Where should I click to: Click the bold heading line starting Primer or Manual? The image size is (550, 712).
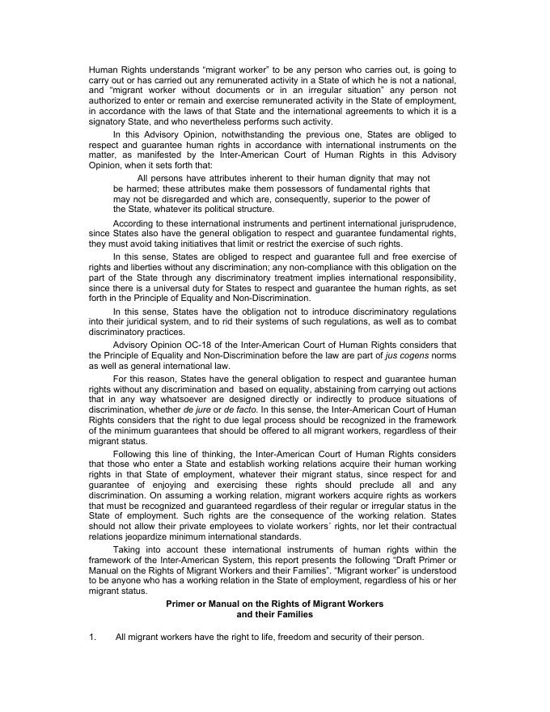click(x=274, y=604)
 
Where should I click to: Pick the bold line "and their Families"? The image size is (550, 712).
click(x=274, y=615)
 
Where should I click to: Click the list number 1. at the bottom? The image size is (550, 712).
click(x=92, y=638)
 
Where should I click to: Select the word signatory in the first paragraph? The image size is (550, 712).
click(x=110, y=121)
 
